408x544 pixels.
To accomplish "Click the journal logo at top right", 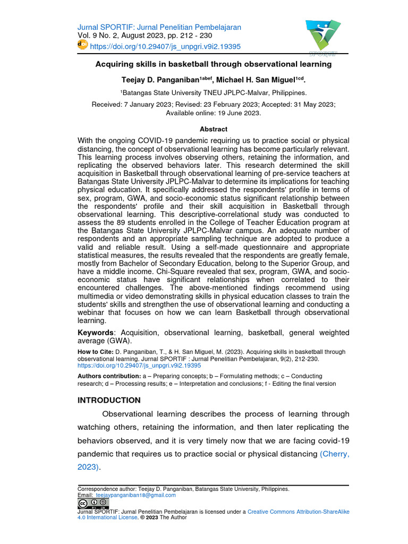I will click(x=322, y=37).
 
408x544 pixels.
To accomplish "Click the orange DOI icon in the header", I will click(x=82, y=46).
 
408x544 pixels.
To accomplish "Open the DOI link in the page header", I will click(x=165, y=47).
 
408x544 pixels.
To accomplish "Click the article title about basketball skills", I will click(x=213, y=64).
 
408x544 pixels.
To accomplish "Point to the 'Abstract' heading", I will click(x=213, y=129).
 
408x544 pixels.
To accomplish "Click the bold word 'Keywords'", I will click(x=97, y=333).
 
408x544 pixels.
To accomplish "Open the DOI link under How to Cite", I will click(x=139, y=365).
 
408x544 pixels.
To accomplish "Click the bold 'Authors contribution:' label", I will click(x=109, y=376).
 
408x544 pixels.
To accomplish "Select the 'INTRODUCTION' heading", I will click(x=109, y=400).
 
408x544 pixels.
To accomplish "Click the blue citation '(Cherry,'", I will click(x=334, y=454).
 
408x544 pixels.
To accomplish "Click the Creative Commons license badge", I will click(x=93, y=503).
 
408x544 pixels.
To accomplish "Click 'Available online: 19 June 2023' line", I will click(x=213, y=113).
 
